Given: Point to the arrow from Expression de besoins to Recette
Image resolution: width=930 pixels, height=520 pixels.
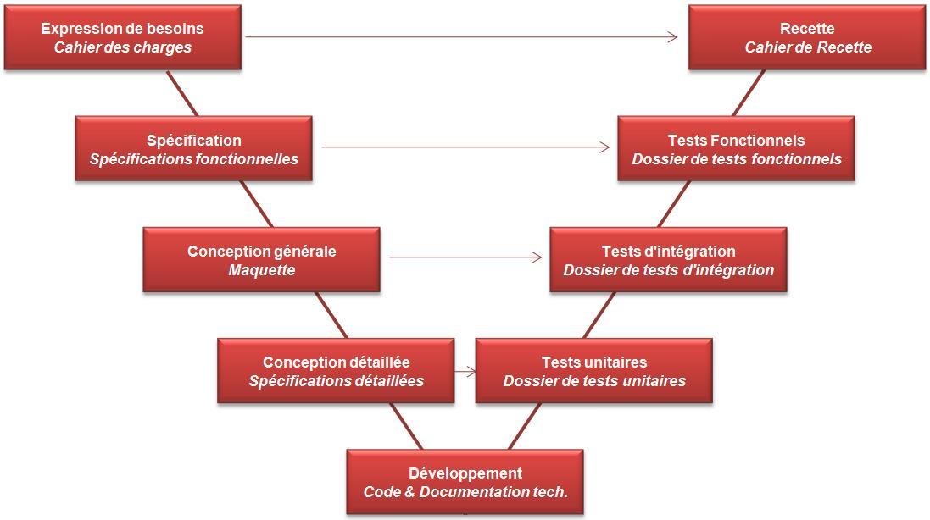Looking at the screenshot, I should point(462,37).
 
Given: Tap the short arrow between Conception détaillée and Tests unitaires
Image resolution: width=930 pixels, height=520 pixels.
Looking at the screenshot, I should point(465,371).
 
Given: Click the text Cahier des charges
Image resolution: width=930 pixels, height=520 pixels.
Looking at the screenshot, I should point(122,47).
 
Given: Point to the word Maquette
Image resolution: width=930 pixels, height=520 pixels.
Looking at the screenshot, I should point(261,270).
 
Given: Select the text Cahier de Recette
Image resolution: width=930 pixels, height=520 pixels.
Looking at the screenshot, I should point(807,47).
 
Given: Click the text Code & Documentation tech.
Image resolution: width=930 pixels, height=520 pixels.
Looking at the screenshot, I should point(465,492).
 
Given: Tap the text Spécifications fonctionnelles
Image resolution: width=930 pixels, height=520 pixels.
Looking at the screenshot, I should point(193,159).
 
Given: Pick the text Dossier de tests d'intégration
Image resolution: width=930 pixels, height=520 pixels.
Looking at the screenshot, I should point(668,270).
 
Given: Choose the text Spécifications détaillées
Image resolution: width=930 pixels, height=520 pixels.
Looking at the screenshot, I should point(336,381).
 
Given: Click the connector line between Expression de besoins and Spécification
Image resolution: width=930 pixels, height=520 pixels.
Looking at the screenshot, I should point(182,93).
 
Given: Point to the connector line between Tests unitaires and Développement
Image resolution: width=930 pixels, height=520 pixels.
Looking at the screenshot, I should point(525,426).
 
